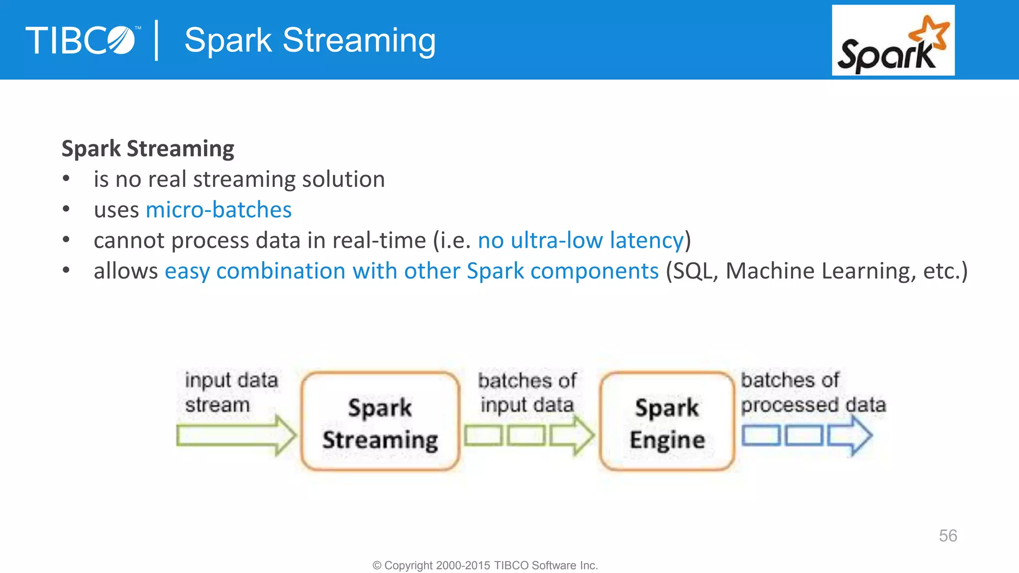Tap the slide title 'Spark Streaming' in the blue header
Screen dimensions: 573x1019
coord(309,40)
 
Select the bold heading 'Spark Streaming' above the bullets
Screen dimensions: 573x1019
coord(148,149)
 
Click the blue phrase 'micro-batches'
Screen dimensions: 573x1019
coord(218,210)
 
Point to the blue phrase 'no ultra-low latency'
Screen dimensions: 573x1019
coord(581,241)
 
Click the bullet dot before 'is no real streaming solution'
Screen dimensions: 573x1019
coord(66,179)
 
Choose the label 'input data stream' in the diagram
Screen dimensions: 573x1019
coord(231,392)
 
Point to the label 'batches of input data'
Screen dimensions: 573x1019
coord(527,392)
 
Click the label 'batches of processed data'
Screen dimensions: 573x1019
coord(813,392)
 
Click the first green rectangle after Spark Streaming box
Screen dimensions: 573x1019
coord(483,436)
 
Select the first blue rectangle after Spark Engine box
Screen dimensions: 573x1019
coord(760,436)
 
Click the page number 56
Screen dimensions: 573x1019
coord(947,536)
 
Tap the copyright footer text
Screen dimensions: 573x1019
coord(485,566)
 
